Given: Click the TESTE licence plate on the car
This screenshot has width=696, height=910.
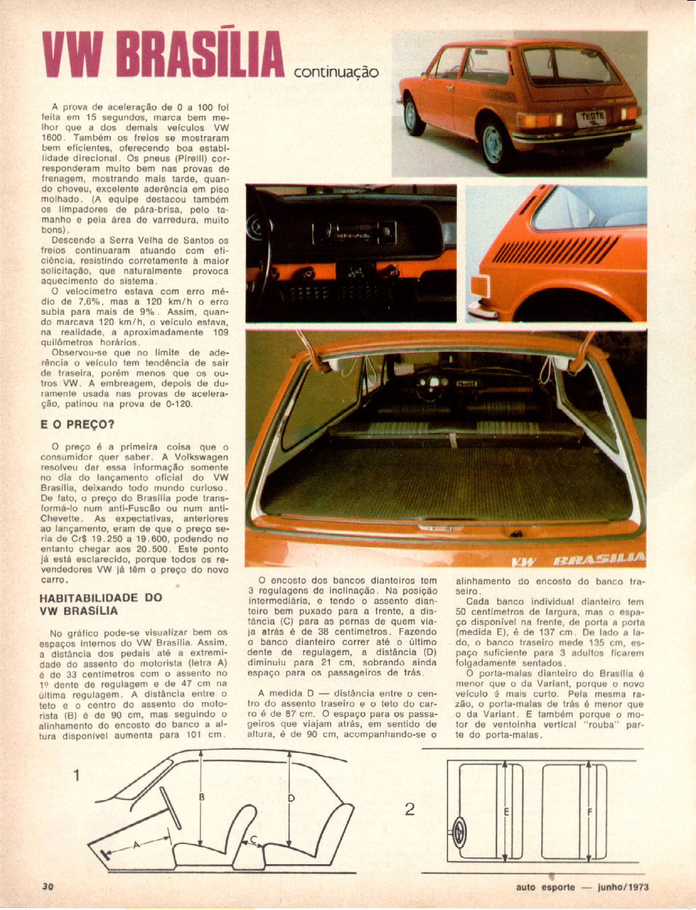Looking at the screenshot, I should [x=593, y=117].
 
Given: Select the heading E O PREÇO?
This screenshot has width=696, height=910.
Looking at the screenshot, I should [x=77, y=425].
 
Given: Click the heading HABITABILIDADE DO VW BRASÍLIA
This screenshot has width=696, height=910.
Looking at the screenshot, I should [x=101, y=604].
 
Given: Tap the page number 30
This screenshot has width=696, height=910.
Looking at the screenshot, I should [x=48, y=886].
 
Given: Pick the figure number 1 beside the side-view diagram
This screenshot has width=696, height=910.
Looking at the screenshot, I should [x=77, y=775].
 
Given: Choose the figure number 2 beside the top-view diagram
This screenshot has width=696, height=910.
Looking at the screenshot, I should [x=410, y=809].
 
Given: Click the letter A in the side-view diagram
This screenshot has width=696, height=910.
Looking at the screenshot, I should [x=136, y=844].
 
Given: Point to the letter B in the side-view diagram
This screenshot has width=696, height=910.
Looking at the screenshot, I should [x=201, y=797].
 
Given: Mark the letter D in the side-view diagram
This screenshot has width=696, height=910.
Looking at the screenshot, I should [x=291, y=799].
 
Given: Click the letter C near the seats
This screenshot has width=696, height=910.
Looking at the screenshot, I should [x=253, y=839].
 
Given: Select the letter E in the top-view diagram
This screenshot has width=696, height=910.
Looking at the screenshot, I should [x=505, y=812].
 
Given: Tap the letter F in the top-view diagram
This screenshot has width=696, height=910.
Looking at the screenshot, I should [x=590, y=812].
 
